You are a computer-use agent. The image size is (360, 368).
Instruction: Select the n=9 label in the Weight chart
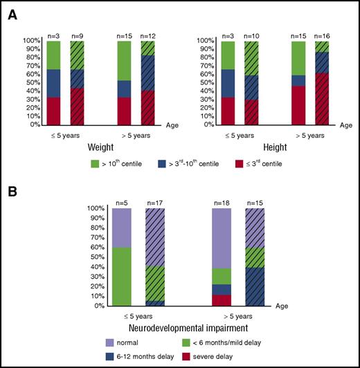pos(78,35)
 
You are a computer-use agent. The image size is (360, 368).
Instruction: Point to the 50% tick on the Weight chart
pos(28,83)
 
